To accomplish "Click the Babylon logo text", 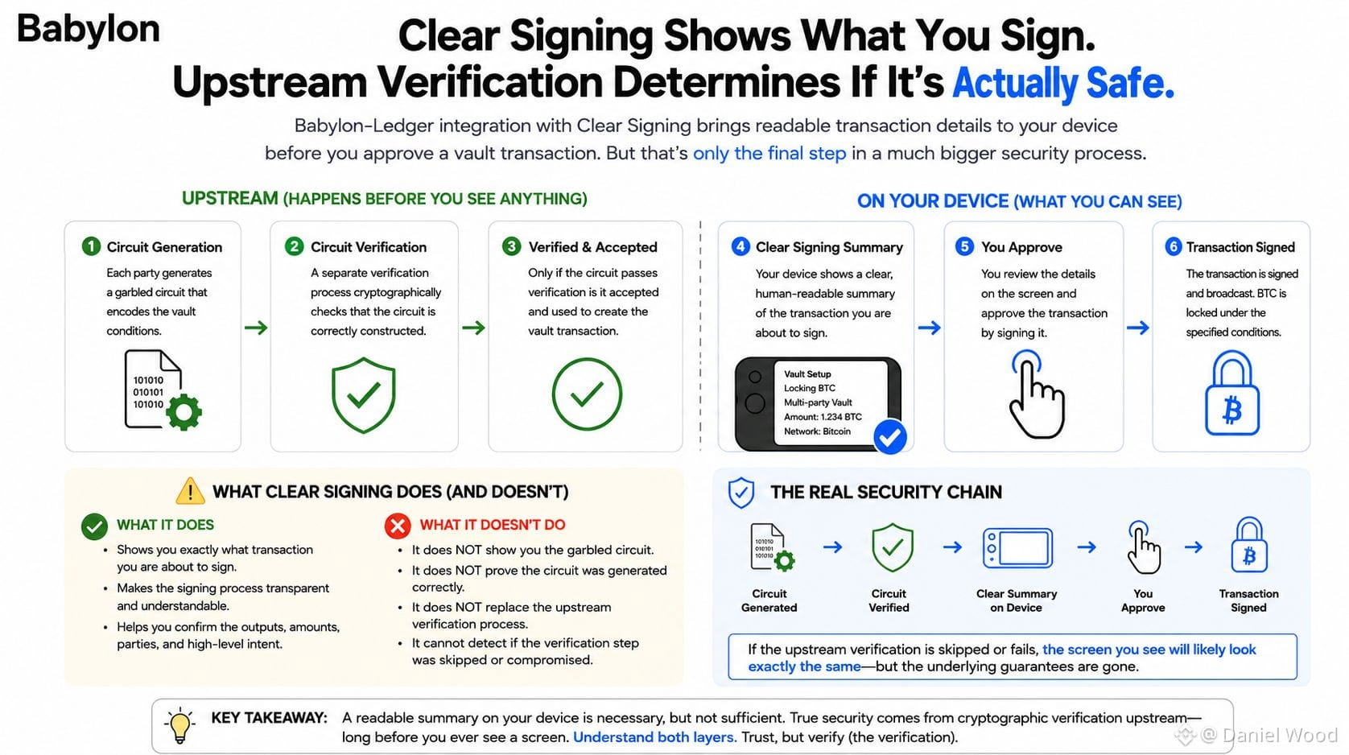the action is (x=88, y=30).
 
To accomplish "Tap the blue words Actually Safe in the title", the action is (x=1063, y=82).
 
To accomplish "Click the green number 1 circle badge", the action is (x=91, y=246).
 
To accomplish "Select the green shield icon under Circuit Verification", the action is (x=363, y=395).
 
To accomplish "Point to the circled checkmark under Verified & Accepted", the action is (x=587, y=394).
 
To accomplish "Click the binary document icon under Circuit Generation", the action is (x=163, y=390).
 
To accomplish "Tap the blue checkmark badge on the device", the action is (x=890, y=436).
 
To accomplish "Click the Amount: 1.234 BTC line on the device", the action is (x=823, y=417).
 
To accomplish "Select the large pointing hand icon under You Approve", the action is (x=1036, y=394).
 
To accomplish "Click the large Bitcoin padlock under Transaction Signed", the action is (x=1231, y=393).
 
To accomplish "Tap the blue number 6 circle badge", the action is (x=1174, y=247).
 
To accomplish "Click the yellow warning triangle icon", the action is (x=190, y=491).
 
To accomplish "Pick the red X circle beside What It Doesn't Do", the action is (x=398, y=526).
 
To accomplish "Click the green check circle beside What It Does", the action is (x=94, y=526).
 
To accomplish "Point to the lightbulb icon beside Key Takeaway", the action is (x=179, y=725).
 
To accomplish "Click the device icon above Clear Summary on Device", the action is (x=1017, y=548).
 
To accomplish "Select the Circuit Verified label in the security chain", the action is (x=889, y=600).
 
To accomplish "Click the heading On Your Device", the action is (x=932, y=201).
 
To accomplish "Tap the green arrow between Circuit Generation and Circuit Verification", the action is (x=256, y=328).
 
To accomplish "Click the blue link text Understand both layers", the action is (x=654, y=737).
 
